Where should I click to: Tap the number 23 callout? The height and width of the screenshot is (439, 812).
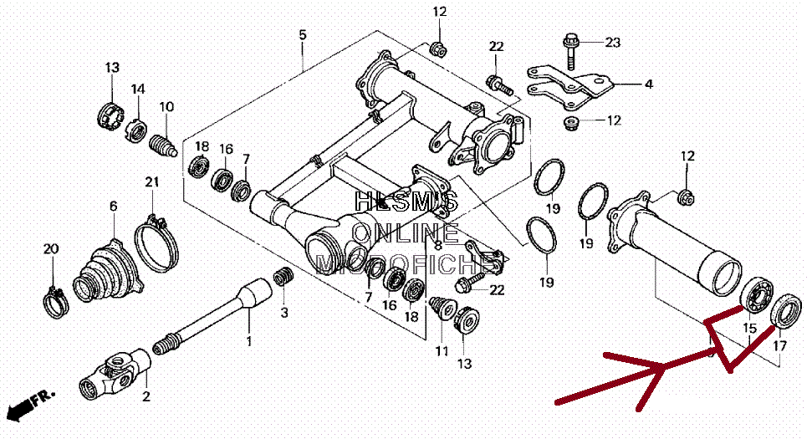(613, 43)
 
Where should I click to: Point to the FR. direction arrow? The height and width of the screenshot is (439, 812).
(30, 403)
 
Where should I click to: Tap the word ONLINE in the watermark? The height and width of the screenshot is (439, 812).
(406, 233)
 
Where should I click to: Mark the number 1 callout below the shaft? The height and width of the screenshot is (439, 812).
(248, 340)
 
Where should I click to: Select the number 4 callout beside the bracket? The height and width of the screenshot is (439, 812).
(648, 84)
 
